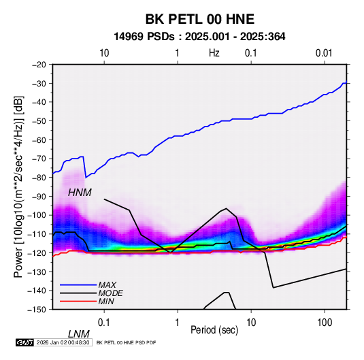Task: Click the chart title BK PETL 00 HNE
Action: [199, 19]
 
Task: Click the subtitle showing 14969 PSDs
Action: [199, 37]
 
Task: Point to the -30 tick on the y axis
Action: [39, 83]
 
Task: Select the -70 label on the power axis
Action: [39, 159]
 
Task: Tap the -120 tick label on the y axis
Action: [37, 252]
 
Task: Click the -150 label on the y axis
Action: [37, 310]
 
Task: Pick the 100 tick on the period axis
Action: [325, 323]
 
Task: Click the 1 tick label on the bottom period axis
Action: [177, 323]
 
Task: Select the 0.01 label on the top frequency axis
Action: [324, 53]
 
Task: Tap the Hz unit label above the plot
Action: [214, 53]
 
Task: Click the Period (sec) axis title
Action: [214, 330]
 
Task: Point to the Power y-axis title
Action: [18, 187]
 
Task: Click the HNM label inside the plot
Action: [80, 193]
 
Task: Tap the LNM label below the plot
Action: [79, 334]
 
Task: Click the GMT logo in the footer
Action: [25, 342]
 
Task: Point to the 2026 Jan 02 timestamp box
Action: [63, 342]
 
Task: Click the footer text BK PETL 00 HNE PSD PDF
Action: [126, 342]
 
